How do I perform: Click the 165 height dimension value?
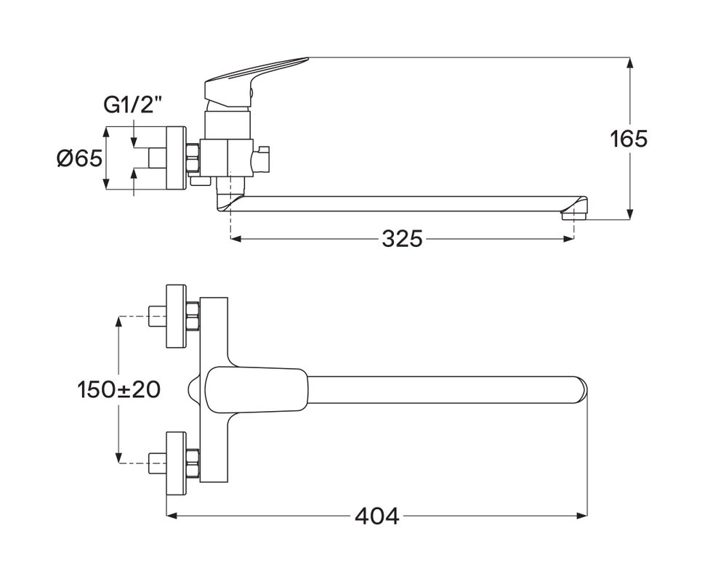pos(629,139)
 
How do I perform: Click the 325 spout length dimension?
pos(403,239)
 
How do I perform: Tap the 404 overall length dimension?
pos(376,516)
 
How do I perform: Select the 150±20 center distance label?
pos(118,389)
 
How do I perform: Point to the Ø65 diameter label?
pos(80,158)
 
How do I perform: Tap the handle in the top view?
pos(257,389)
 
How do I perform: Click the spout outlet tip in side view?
pos(575,209)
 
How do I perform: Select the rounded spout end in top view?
pos(583,389)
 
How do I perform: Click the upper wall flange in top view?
pos(176,316)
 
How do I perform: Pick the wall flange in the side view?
pos(176,158)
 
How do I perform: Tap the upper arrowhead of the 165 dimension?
pos(630,63)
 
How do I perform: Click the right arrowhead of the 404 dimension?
pos(582,516)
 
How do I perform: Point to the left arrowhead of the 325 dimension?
pos(236,239)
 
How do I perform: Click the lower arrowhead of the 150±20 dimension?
pos(118,458)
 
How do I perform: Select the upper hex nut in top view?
pos(193,316)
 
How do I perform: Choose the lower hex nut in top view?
pos(193,463)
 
